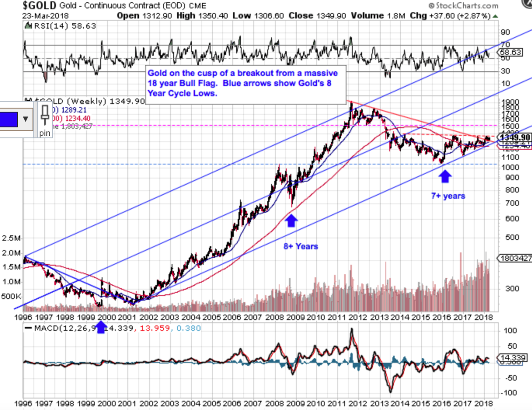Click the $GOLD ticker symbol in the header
coord(39,6)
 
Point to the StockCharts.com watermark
coord(463,6)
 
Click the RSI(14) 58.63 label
coord(61,26)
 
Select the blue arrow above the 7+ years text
coord(445,176)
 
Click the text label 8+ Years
coord(301,246)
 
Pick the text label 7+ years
coord(448,196)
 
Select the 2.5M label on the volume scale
coord(11,238)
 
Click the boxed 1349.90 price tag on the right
coord(514,138)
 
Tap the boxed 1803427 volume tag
coord(514,258)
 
